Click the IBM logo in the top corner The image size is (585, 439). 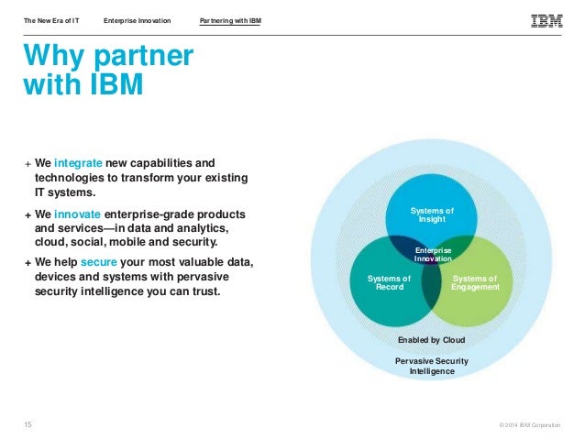click(546, 19)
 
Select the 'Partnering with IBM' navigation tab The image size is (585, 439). click(230, 20)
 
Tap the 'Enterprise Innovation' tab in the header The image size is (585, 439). click(137, 20)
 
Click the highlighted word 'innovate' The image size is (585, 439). click(85, 214)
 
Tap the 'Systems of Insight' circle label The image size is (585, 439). click(432, 215)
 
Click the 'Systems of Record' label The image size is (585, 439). click(389, 282)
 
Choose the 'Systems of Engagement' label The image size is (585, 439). click(476, 282)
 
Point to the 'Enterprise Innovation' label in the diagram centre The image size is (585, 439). click(433, 254)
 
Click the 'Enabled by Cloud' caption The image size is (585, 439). click(431, 339)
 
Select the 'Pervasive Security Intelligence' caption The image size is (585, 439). click(431, 366)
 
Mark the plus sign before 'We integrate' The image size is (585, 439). click(27, 163)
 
